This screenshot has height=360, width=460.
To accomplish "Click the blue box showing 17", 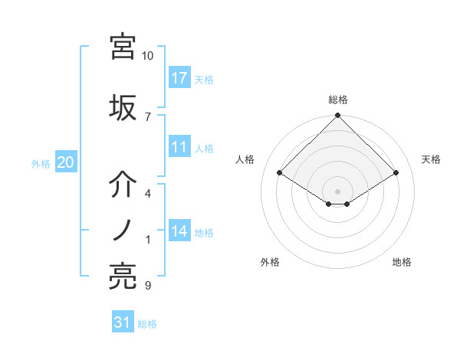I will click(179, 77).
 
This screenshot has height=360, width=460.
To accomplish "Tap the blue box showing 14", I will click(179, 231).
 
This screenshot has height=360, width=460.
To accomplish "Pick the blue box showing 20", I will click(65, 162).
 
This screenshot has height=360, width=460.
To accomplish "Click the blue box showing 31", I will click(123, 322).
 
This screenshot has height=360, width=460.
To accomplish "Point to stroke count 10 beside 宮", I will click(148, 56).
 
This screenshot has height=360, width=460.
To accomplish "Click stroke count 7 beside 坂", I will click(148, 116).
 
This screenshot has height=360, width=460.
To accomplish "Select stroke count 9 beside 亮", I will click(148, 286).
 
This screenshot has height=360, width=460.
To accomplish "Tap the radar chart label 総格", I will click(338, 100).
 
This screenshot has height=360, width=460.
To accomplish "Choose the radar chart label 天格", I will click(431, 159).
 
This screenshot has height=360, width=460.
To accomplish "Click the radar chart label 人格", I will click(245, 159).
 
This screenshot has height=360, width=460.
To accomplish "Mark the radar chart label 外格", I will click(270, 262).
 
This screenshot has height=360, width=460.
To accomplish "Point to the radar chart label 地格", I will click(402, 262).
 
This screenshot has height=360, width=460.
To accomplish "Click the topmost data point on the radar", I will click(338, 116).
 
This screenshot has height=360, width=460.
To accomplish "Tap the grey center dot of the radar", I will click(338, 190).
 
